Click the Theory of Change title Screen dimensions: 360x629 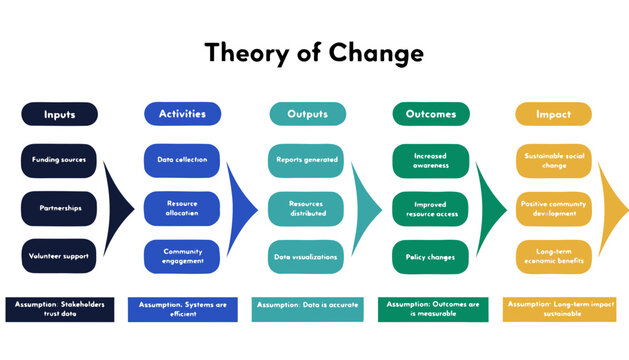[314, 52]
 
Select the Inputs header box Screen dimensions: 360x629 [59, 114]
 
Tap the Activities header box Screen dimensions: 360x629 [182, 114]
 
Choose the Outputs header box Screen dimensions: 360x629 [307, 114]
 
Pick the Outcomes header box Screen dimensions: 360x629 [431, 114]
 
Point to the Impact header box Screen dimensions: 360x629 [553, 114]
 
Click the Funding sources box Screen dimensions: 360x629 [59, 159]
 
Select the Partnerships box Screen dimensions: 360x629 [59, 208]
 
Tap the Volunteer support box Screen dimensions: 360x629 [59, 256]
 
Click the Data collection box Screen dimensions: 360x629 [182, 159]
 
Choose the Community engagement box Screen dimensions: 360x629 [182, 256]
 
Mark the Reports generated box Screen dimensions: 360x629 [307, 159]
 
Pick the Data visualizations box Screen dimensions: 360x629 [307, 256]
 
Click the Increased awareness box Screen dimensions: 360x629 [431, 159]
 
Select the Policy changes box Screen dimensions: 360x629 [431, 256]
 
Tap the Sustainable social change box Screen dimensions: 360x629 [553, 159]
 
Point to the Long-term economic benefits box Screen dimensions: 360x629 [553, 256]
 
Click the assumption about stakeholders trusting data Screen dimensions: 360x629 [59, 309]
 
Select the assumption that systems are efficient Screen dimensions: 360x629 [182, 309]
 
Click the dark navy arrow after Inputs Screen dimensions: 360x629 [119, 208]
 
